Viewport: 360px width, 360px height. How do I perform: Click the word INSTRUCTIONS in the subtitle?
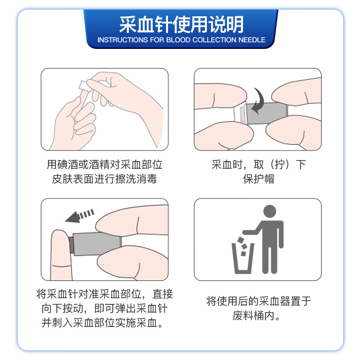[120, 40]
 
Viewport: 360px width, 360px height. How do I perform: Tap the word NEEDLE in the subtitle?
[252, 40]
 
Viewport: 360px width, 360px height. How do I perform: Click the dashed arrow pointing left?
[80, 216]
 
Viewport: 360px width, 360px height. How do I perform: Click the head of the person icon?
[270, 211]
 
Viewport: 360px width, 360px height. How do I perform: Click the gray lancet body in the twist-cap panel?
[267, 114]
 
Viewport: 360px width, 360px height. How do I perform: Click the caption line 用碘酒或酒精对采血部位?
[105, 165]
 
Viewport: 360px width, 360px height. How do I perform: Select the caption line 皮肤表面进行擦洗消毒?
[105, 180]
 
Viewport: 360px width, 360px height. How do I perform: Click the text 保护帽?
[258, 180]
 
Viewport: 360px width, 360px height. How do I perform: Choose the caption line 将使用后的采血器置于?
[258, 301]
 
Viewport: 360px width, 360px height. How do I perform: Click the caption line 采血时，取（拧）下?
[258, 165]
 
